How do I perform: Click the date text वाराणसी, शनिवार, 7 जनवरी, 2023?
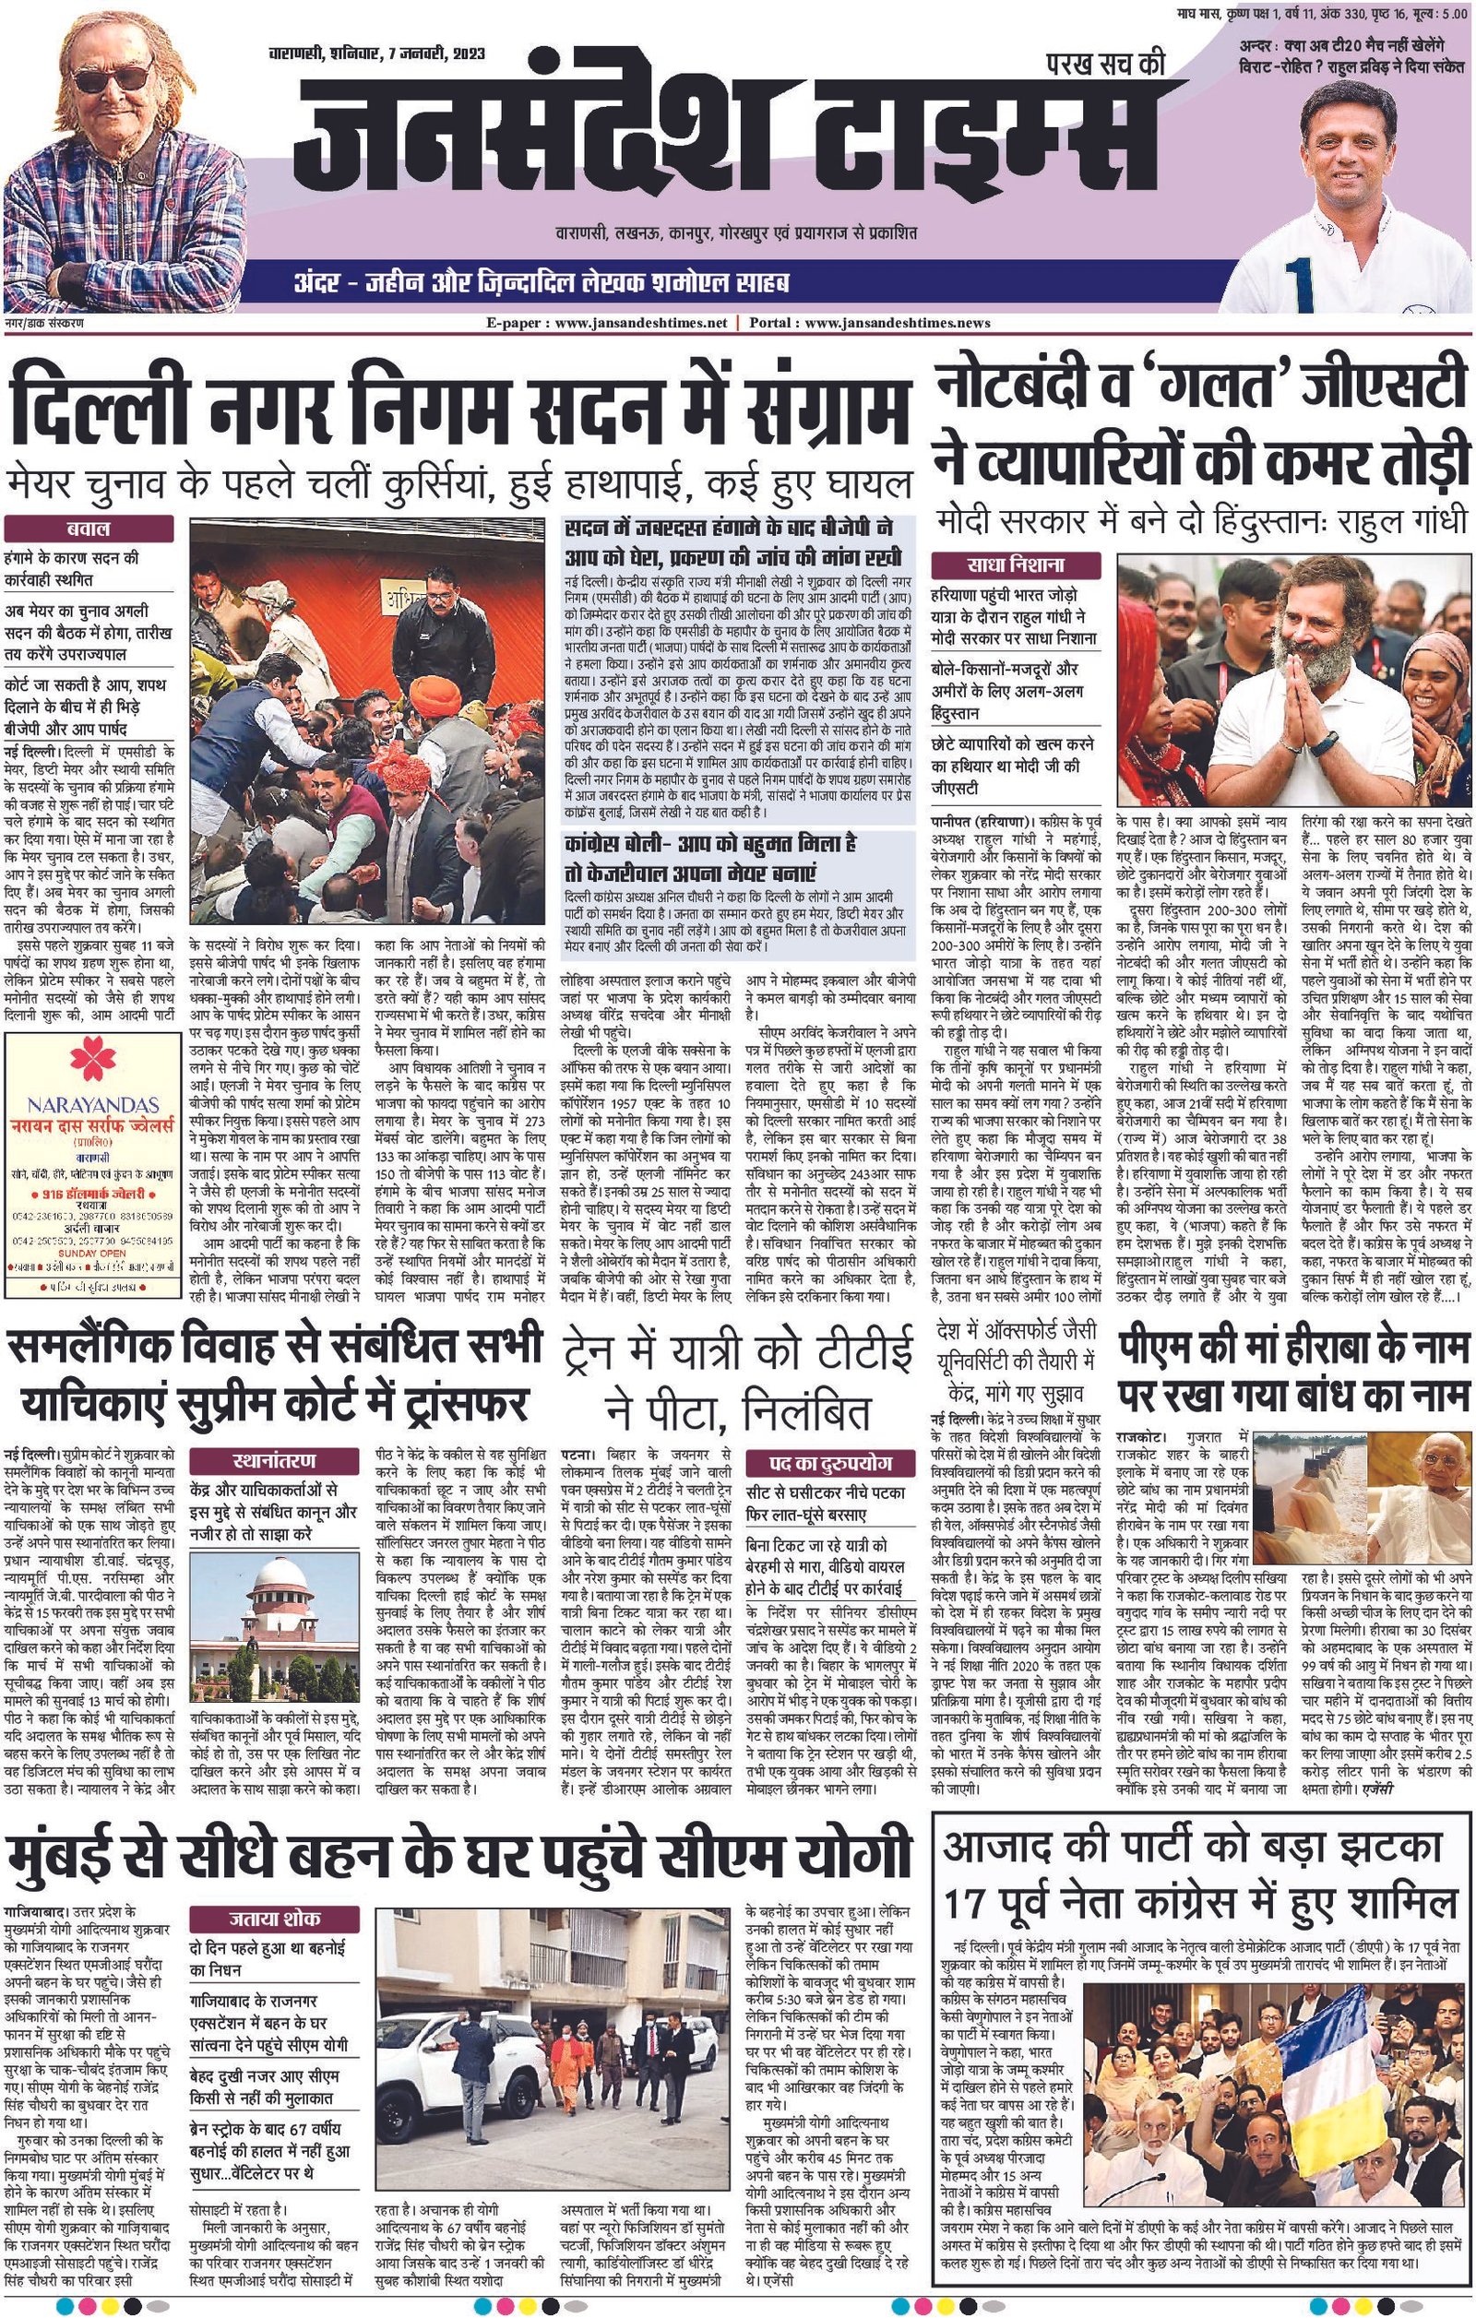[376, 53]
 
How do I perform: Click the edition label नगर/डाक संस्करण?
[43, 324]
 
